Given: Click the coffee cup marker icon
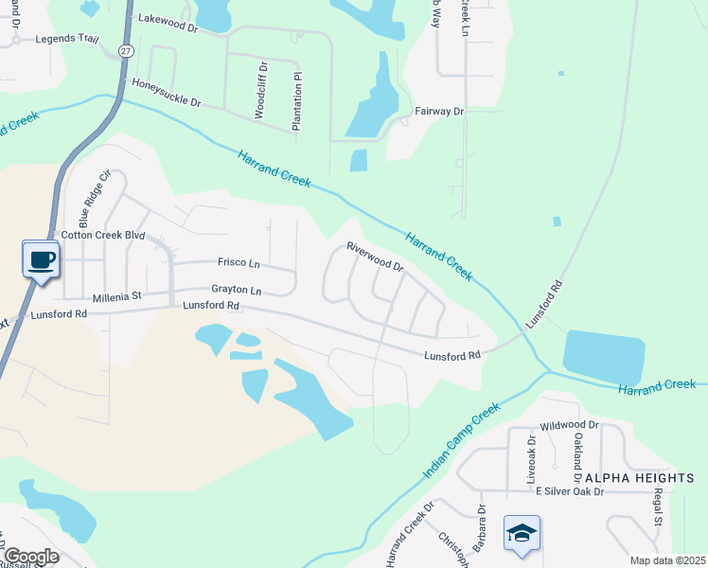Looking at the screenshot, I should (41, 259).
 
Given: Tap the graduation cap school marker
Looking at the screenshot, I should (522, 534).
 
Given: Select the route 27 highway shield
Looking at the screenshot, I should (125, 50).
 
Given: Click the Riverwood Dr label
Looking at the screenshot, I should (375, 257).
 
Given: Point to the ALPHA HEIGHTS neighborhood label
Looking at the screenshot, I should (640, 478).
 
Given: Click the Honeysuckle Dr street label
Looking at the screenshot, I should (167, 93).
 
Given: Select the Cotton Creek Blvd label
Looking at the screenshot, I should (102, 235).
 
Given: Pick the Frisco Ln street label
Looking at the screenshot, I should (239, 262).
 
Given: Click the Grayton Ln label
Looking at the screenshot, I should (236, 290).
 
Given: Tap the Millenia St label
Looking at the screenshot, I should (116, 296).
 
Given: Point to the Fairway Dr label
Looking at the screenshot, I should (439, 112).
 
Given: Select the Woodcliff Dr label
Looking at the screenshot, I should (260, 90).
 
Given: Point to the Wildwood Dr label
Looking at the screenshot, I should (569, 426).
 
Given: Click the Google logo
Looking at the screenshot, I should (30, 557).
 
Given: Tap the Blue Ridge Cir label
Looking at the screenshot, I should (94, 201).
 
